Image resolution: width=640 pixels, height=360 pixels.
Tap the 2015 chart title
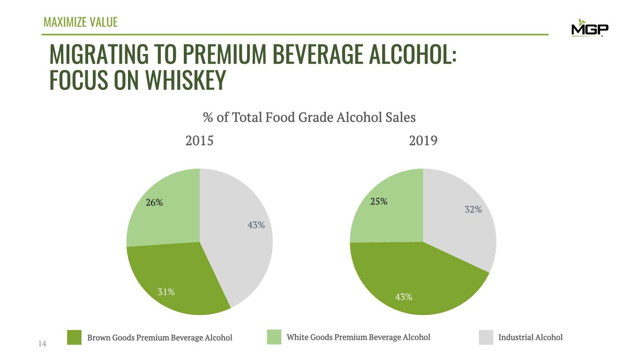coord(199,141)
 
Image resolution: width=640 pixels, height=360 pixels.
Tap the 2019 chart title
coord(423,141)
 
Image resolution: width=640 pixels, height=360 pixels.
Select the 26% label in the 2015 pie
coord(154,203)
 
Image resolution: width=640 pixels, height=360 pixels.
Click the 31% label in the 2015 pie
coord(166,292)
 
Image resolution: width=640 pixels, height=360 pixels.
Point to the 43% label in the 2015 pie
coord(256,225)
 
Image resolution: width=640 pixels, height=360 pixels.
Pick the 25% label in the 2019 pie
coord(378,202)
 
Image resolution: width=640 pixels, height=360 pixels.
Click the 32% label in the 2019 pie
coord(473,210)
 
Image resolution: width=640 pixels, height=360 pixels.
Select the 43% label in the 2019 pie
coord(404,297)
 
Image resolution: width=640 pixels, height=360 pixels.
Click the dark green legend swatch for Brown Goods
coord(75,337)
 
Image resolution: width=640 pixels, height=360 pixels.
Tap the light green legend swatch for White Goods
coord(274,337)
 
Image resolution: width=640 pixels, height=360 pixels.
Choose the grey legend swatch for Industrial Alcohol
coord(486,337)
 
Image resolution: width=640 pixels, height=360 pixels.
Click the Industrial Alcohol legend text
coord(530,337)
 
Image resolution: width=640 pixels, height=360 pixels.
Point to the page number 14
coord(42,344)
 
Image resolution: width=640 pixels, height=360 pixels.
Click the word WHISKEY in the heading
coord(185,81)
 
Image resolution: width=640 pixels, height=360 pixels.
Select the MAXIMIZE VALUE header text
coord(80,22)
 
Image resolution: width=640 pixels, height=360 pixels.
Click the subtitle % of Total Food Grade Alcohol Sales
coord(309,117)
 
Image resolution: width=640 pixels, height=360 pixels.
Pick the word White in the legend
coord(297,337)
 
